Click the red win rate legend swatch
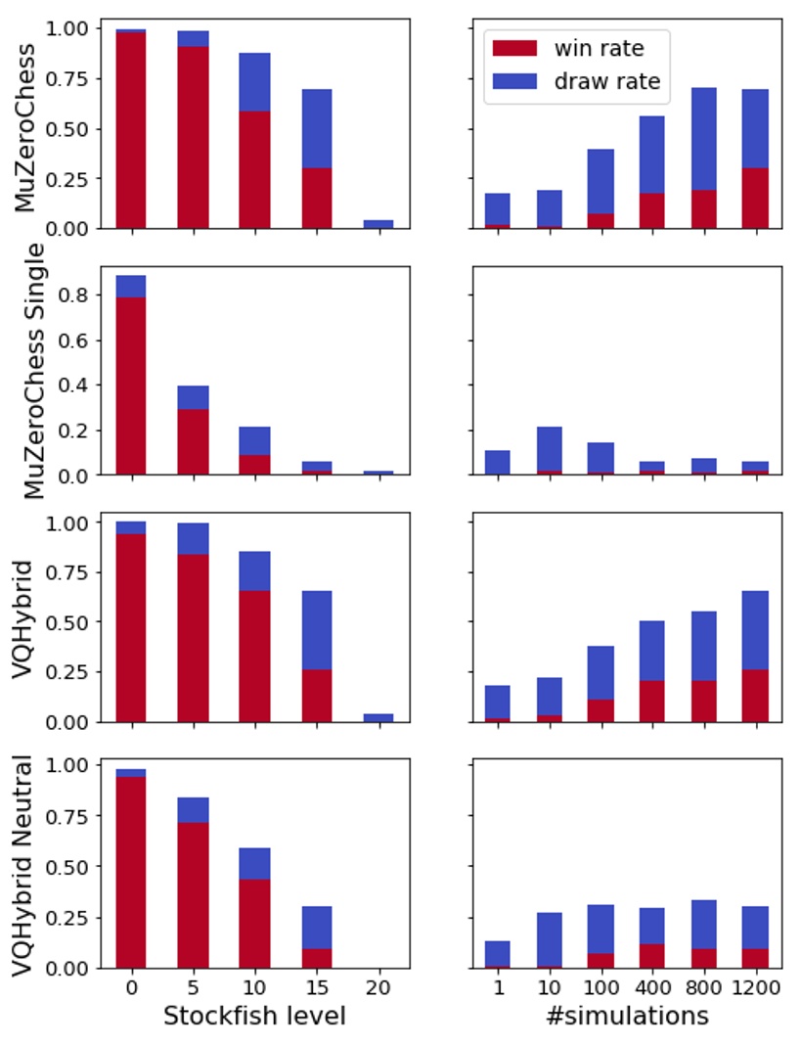pyautogui.click(x=516, y=46)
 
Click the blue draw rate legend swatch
pyautogui.click(x=516, y=82)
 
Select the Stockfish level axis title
pyautogui.click(x=254, y=1017)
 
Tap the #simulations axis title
pyautogui.click(x=626, y=1017)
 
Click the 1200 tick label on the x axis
pyautogui.click(x=753, y=988)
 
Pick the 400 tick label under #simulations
pyautogui.click(x=651, y=988)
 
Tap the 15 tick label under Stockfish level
pyautogui.click(x=316, y=988)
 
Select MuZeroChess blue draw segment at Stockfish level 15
pyautogui.click(x=316, y=128)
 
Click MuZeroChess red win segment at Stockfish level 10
pyautogui.click(x=254, y=169)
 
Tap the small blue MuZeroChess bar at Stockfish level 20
pyautogui.click(x=378, y=224)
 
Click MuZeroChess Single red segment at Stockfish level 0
pyautogui.click(x=131, y=386)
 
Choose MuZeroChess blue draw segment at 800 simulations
pyautogui.click(x=702, y=139)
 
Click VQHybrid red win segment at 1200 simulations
pyautogui.click(x=753, y=696)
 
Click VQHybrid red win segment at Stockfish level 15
pyautogui.click(x=316, y=696)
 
